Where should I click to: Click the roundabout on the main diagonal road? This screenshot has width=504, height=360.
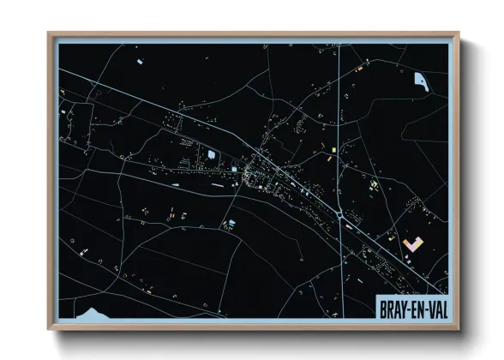point(341,216)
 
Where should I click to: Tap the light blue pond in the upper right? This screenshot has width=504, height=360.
point(421,81)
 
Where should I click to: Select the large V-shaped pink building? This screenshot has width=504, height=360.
point(413,243)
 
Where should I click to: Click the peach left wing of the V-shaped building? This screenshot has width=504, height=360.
point(406,241)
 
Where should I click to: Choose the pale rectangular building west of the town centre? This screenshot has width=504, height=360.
point(211,154)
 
